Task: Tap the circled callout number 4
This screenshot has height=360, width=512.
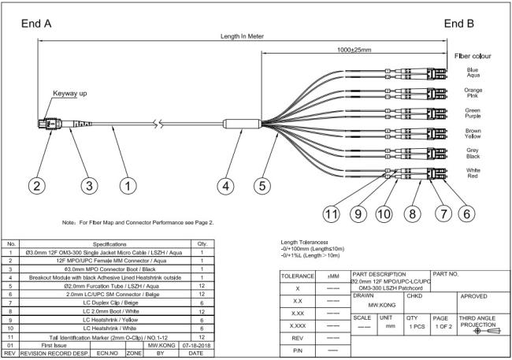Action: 227,186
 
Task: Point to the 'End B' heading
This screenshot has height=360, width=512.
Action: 458,24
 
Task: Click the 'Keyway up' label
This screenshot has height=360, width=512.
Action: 70,93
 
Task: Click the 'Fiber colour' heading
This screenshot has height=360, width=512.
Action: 473,57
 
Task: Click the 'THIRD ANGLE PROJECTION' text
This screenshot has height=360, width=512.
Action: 477,321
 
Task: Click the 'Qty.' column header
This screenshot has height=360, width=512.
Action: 202,244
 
